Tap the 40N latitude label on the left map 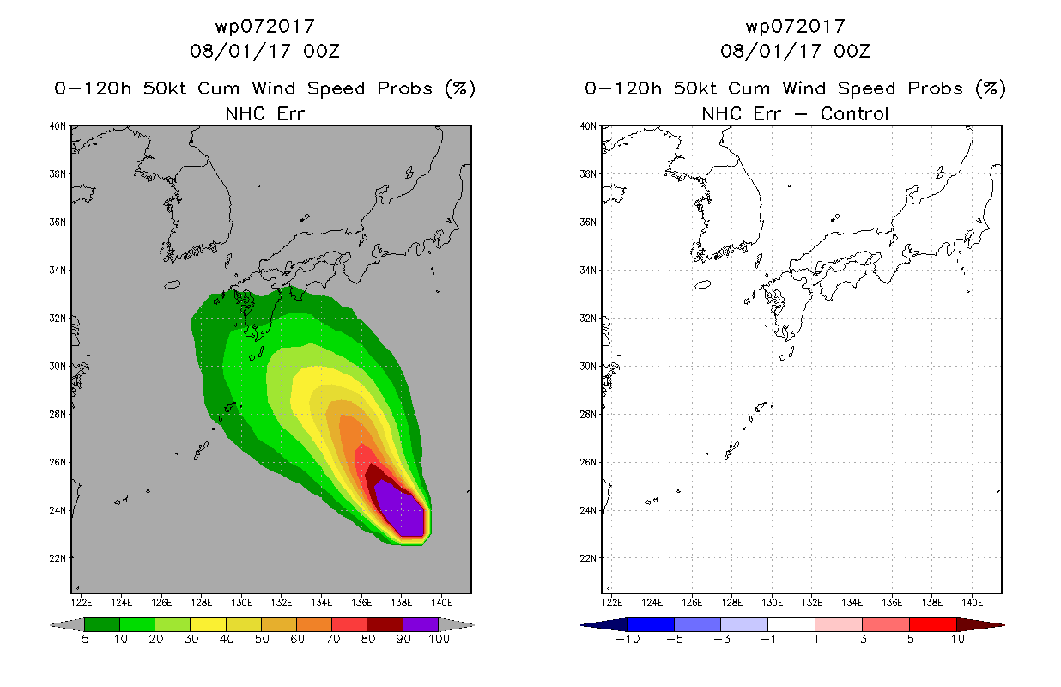pyautogui.click(x=58, y=126)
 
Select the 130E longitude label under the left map pyautogui.click(x=241, y=603)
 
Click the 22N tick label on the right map pyautogui.click(x=588, y=558)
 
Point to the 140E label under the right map pyautogui.click(x=972, y=603)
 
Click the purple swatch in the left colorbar pyautogui.click(x=421, y=624)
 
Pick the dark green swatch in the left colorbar pyautogui.click(x=102, y=624)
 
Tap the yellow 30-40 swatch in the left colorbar pyautogui.click(x=208, y=624)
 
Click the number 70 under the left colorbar pyautogui.click(x=332, y=639)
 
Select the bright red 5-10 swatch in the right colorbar pyautogui.click(x=933, y=624)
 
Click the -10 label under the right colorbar pyautogui.click(x=628, y=639)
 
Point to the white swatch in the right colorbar pyautogui.click(x=791, y=624)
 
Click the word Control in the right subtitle pyautogui.click(x=854, y=114)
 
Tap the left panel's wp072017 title pyautogui.click(x=265, y=27)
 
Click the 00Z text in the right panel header pyautogui.click(x=852, y=52)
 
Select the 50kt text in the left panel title pyautogui.click(x=164, y=88)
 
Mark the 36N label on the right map pyautogui.click(x=588, y=222)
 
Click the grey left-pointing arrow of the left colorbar pyautogui.click(x=67, y=624)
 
